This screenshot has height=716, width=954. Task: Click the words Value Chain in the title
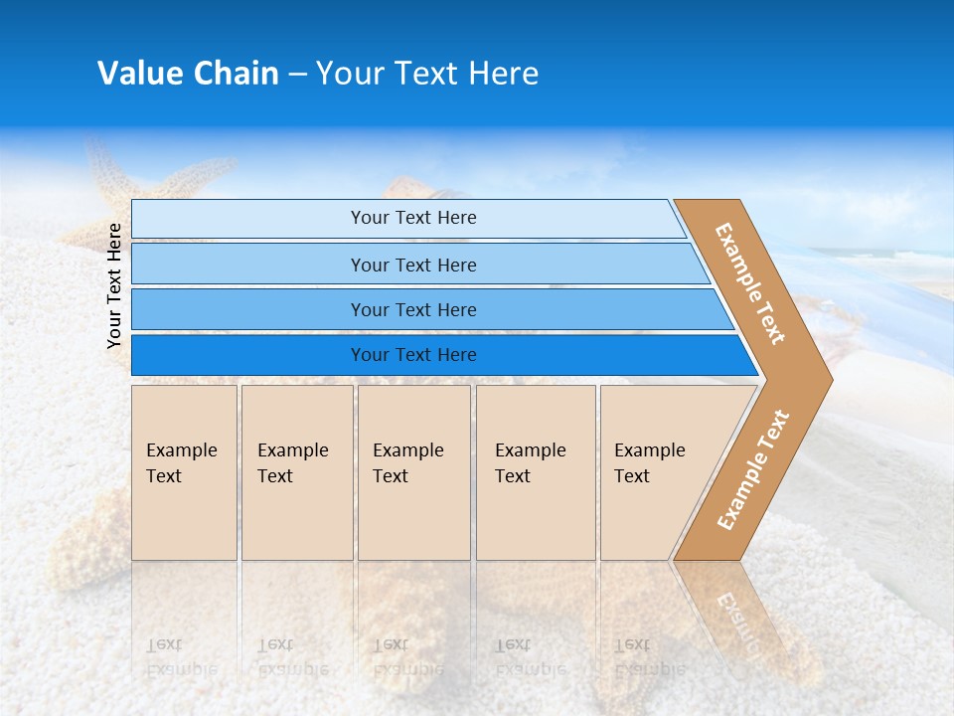tap(188, 74)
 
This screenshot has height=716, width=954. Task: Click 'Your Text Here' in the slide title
tap(427, 74)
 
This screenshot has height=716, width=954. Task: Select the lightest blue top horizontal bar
tap(248, 219)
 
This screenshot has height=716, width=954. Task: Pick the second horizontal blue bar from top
tap(248, 265)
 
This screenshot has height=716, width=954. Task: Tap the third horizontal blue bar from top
tap(248, 309)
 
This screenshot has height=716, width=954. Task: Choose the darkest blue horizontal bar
tap(248, 355)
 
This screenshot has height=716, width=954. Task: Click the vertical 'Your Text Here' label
tap(114, 285)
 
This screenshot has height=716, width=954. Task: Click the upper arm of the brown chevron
tap(751, 283)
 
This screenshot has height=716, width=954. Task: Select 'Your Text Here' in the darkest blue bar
tap(413, 355)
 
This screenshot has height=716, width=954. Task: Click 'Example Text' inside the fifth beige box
tap(649, 462)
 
